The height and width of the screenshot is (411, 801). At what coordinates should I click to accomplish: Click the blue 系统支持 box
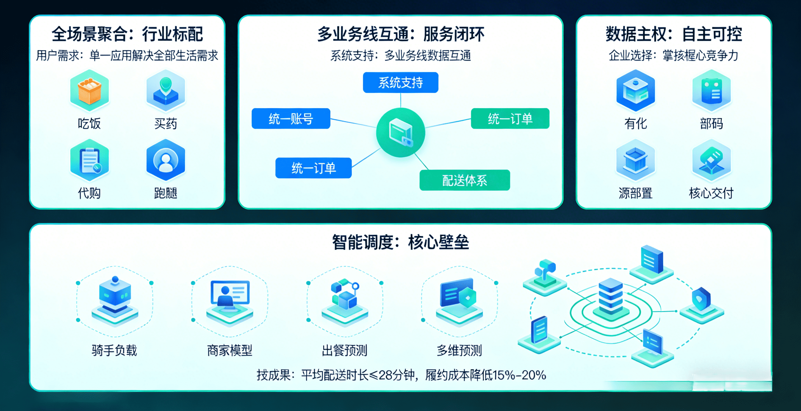tap(400, 83)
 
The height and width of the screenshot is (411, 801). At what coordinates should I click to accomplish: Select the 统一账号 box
tap(291, 119)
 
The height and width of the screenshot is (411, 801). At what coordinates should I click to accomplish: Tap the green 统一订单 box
tap(510, 119)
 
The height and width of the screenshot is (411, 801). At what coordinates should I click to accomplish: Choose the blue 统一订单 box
tap(313, 168)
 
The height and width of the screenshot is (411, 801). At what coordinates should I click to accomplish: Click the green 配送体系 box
tap(464, 180)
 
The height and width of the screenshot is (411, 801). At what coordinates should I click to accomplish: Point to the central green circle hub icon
tap(400, 133)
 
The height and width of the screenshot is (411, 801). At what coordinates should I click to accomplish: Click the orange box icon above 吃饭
tap(89, 90)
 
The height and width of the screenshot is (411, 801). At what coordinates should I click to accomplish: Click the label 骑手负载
tap(114, 350)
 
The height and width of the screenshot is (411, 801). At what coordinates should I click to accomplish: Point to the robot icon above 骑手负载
tap(115, 297)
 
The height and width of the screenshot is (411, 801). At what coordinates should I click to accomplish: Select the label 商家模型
tap(230, 350)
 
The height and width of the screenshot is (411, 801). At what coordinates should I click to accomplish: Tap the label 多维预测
tap(459, 350)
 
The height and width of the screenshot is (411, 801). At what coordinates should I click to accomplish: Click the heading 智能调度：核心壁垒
tap(400, 242)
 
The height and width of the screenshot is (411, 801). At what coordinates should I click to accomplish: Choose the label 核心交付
tap(711, 193)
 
